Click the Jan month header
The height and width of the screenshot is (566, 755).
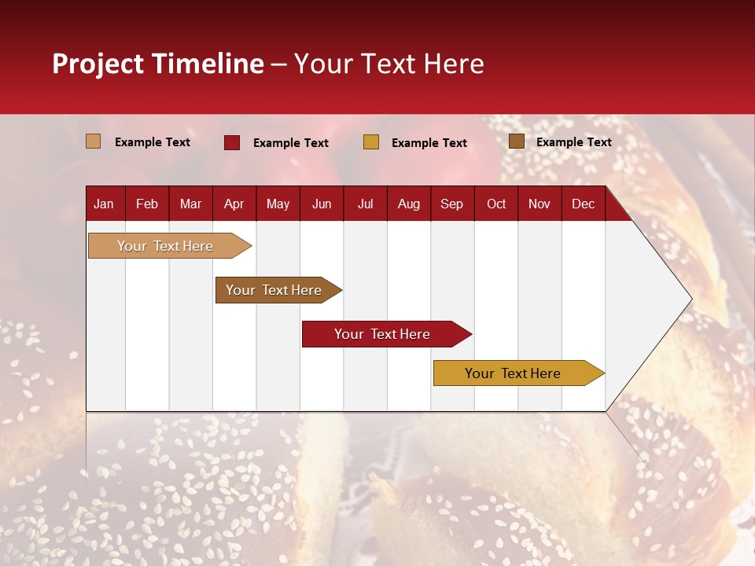click(105, 204)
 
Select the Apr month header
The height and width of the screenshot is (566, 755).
click(234, 204)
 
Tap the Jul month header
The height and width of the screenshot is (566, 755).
click(366, 204)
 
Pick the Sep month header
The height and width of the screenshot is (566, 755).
click(452, 204)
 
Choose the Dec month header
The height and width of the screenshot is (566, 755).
click(584, 204)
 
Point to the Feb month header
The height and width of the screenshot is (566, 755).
click(147, 204)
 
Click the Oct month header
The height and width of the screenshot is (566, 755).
click(496, 204)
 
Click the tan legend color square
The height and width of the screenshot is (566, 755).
click(94, 141)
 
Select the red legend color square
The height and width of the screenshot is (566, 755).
click(232, 142)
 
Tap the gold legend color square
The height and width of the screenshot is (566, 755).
click(371, 142)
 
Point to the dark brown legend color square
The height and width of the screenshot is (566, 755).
click(517, 141)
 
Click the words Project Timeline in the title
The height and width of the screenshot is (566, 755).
click(158, 64)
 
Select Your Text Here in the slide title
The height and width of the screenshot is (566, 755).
click(389, 64)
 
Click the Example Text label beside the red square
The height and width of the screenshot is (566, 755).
click(291, 143)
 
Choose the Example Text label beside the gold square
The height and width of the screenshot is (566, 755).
click(429, 143)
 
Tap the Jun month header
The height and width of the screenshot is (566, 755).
click(322, 204)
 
